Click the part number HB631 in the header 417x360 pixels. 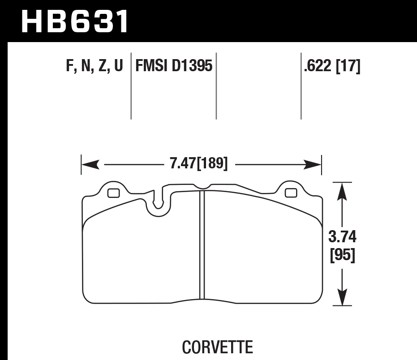click(75, 21)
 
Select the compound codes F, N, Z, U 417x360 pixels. click(94, 67)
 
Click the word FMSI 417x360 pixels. click(150, 67)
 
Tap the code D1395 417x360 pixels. click(192, 67)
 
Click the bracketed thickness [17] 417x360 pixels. click(349, 67)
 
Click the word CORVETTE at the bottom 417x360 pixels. click(217, 347)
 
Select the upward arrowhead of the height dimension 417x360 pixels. click(342, 191)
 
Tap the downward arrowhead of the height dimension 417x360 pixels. click(342, 298)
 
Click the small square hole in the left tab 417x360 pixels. click(113, 193)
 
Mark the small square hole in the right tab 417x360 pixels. click(291, 193)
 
